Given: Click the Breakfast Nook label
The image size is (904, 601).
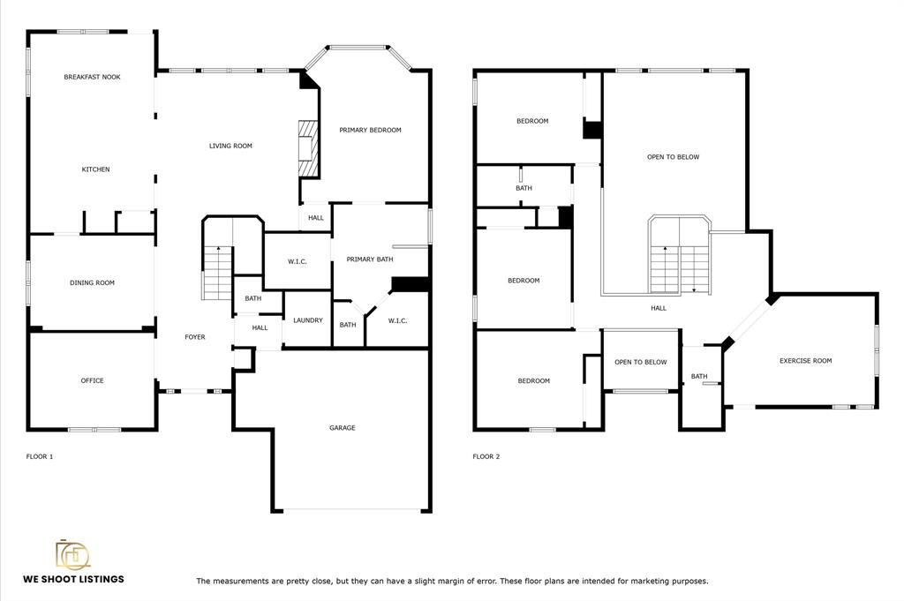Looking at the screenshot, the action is point(92,77).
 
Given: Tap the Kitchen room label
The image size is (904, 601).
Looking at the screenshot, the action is point(95,169).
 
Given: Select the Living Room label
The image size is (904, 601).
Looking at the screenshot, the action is point(230,146).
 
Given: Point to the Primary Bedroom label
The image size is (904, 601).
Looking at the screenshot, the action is point(370,131).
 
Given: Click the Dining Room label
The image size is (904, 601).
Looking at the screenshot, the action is point(92,283).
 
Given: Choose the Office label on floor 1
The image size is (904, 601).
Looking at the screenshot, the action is point(92,381).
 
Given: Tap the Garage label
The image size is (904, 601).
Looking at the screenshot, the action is point(343,428).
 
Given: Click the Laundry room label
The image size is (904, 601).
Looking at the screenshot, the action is point(308,320).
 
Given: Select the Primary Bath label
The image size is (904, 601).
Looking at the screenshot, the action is point(370,259).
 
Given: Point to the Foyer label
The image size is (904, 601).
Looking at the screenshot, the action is point(195,337).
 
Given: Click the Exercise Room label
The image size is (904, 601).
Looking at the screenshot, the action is point(805,361).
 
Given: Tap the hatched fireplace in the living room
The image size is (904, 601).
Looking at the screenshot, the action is point(308,148).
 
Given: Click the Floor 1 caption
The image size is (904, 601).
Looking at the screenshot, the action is point(40,457).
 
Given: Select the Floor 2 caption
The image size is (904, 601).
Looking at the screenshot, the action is point(486,457).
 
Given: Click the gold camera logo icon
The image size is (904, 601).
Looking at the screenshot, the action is point(72,554).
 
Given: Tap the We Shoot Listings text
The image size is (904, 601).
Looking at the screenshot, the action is point(73,579).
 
